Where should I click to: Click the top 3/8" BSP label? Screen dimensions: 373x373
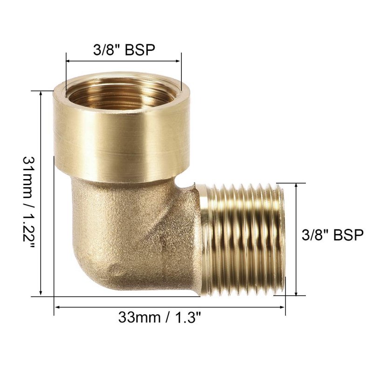click(x=124, y=50)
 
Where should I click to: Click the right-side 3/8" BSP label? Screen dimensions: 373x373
click(x=332, y=235)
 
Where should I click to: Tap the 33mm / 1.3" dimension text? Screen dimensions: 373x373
click(x=159, y=318)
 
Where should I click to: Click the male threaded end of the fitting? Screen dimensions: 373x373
click(x=242, y=240)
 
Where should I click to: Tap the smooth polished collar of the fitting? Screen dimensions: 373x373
click(x=121, y=133)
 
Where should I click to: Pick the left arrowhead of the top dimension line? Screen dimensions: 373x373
click(x=68, y=61)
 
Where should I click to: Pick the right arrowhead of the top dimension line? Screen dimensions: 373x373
click(x=178, y=61)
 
